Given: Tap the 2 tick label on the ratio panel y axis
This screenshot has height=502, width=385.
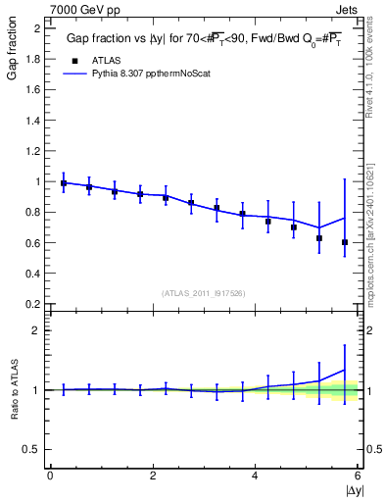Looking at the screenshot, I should (35, 330).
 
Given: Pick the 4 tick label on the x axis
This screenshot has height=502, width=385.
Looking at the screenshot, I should (255, 476).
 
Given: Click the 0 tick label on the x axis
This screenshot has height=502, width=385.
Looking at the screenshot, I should (50, 476).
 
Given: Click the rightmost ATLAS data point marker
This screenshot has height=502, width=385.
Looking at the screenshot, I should (345, 242).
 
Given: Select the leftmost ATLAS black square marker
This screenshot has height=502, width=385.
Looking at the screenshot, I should (64, 183).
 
